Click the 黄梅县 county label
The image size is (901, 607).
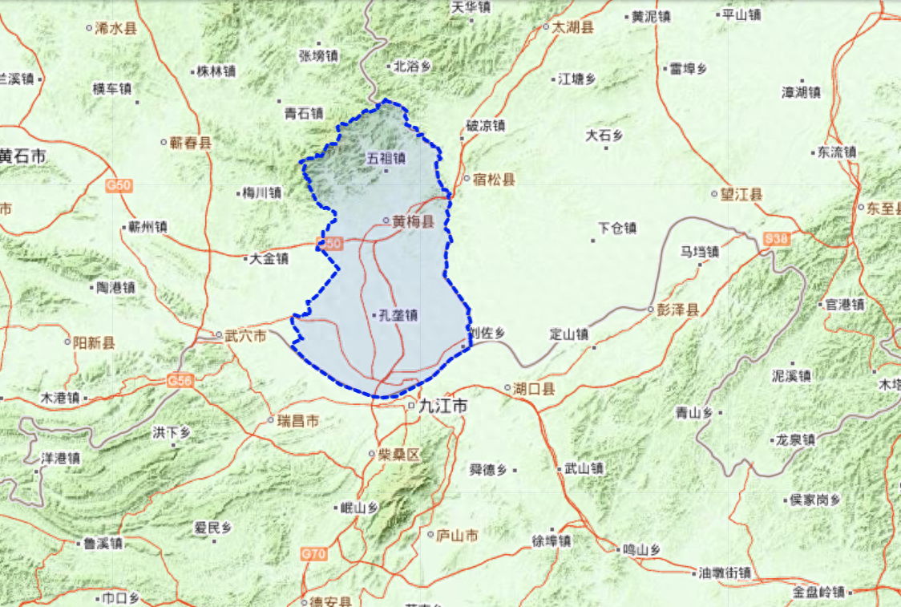coord(413,222)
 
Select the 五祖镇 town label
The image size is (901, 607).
coord(386,159)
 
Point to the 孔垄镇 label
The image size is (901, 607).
coord(398,316)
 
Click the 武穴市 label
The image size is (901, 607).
coord(245,336)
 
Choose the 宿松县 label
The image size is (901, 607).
coord(494,180)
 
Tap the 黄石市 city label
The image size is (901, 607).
coord(23,156)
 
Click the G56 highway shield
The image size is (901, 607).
coord(180,382)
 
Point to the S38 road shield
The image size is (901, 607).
coord(776,239)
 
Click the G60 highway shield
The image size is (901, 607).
coord(118,186)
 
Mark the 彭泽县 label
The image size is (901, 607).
coord(677,310)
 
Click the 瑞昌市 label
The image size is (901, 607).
coord(297,421)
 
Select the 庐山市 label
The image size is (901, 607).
coord(458,536)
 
